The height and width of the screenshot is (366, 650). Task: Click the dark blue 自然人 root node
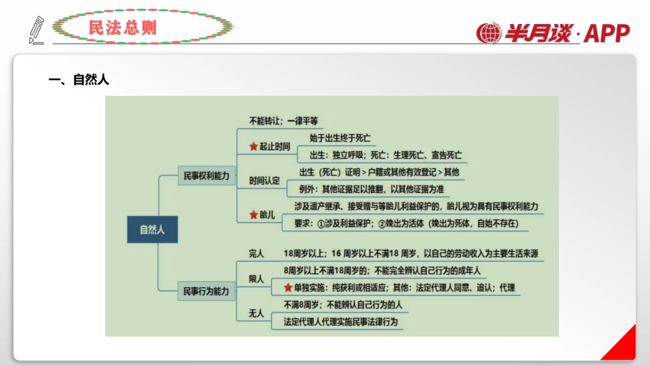(152, 230)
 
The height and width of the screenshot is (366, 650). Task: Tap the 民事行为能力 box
(207, 291)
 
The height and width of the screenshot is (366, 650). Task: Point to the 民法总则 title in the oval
(122, 27)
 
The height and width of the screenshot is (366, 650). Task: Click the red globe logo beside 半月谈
(489, 33)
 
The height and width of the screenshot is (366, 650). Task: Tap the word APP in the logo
(607, 33)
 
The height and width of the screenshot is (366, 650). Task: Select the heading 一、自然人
(79, 80)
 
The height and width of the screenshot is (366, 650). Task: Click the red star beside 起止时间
(252, 146)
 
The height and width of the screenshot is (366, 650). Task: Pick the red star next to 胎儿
(252, 215)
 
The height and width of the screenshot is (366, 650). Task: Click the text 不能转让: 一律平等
(283, 121)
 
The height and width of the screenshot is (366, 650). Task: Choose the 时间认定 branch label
(265, 181)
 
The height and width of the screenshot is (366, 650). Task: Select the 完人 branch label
(257, 254)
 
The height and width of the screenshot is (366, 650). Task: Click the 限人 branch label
(257, 279)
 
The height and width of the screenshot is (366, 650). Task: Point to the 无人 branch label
(257, 313)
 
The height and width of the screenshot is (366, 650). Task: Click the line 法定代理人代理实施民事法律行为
(340, 321)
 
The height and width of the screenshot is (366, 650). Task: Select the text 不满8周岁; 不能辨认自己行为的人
(343, 304)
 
